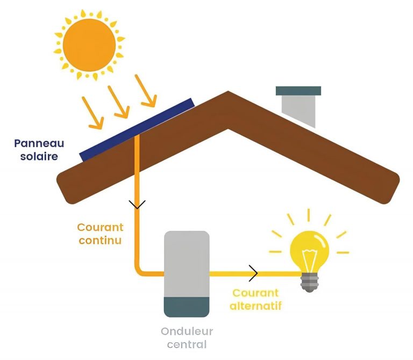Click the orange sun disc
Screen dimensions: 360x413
pos(89,45)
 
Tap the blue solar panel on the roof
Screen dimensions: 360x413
pos(137,129)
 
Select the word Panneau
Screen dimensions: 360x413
pos(39,144)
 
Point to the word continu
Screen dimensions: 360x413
pos(100,240)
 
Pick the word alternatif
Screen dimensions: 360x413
pos(255,306)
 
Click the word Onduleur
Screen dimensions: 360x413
pos(187,331)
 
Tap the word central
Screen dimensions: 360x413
pos(187,344)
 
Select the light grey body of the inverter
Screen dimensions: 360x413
pos(186,263)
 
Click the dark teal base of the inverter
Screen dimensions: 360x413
pos(186,306)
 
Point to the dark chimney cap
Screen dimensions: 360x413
pos(298,91)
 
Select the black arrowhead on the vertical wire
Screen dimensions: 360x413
pos(138,204)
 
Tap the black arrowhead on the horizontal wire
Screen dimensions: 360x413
pos(253,273)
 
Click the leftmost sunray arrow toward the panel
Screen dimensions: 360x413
pos(92,113)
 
